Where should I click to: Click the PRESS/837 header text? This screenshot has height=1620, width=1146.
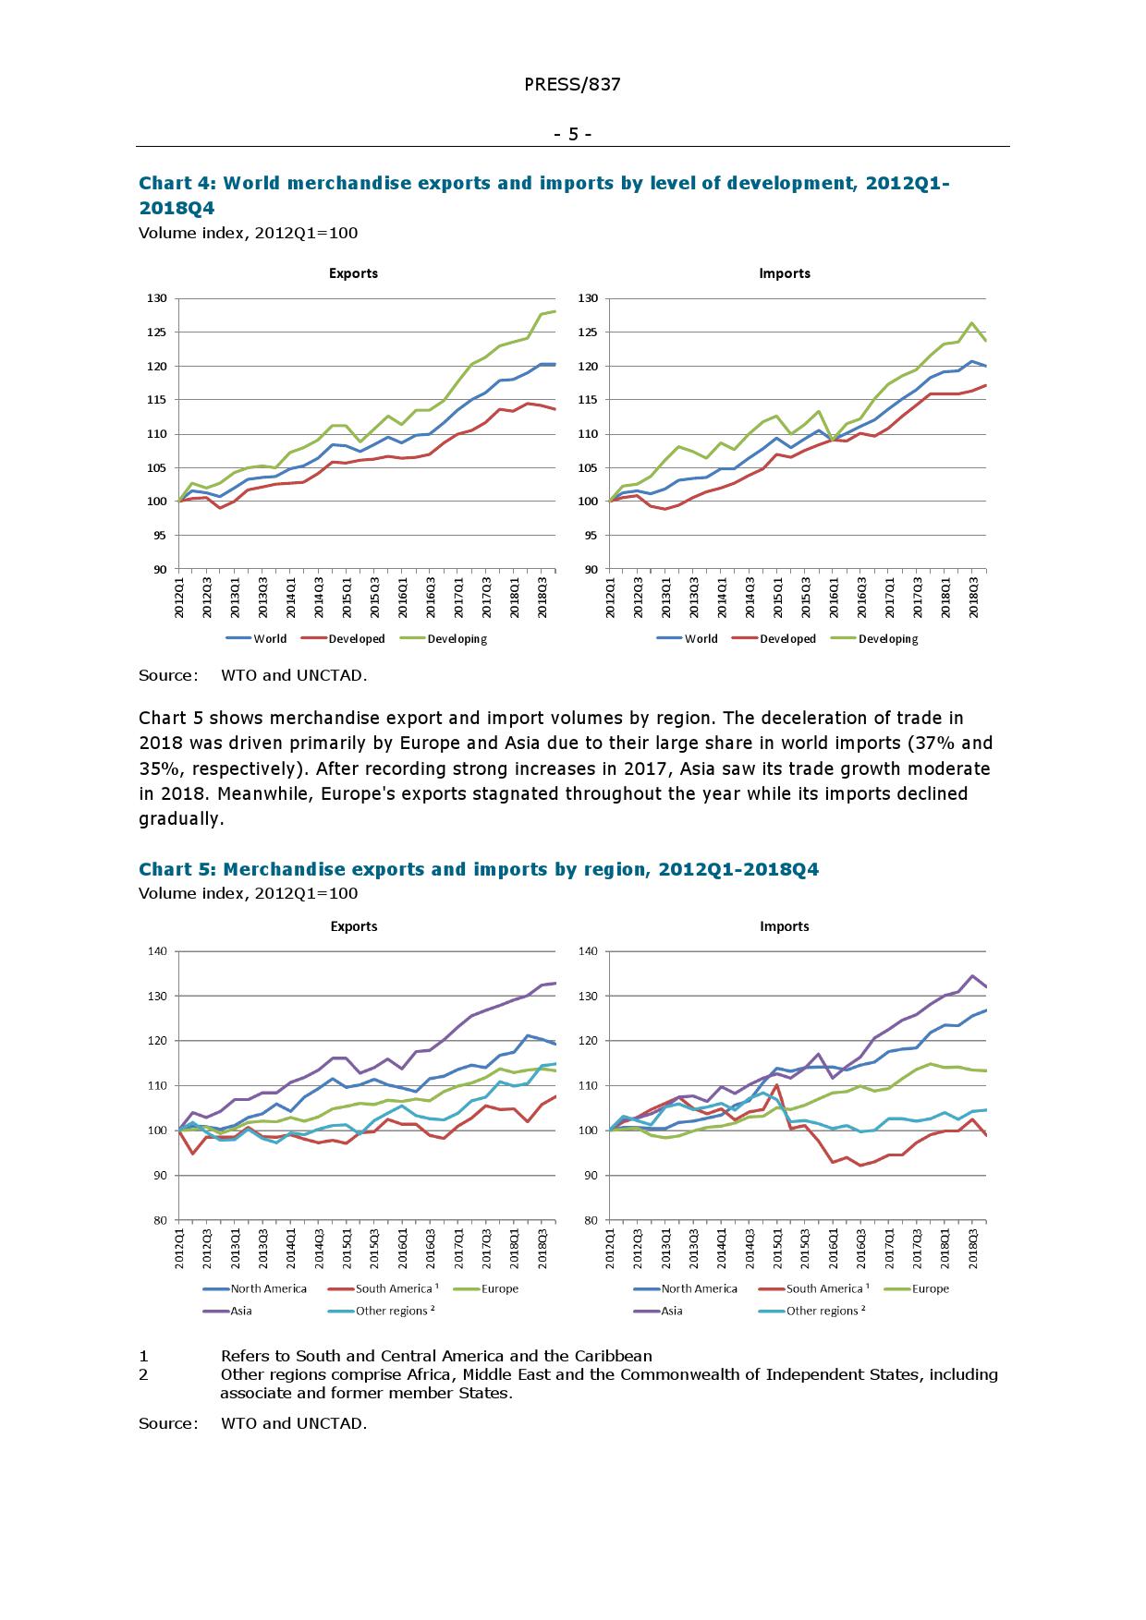click(x=572, y=85)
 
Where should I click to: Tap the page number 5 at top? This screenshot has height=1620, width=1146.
click(x=573, y=135)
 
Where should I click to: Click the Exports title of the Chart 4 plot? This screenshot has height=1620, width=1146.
click(x=353, y=273)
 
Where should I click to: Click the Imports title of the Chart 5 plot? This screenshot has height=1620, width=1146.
click(x=784, y=926)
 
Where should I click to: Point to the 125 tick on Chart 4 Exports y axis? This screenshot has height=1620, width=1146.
click(x=156, y=332)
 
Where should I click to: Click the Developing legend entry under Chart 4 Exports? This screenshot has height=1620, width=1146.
click(x=457, y=639)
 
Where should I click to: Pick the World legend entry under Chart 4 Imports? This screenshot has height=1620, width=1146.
click(x=701, y=639)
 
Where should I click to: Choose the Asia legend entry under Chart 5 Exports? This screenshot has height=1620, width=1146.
click(x=240, y=1311)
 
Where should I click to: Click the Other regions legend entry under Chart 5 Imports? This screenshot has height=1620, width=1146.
click(x=825, y=1311)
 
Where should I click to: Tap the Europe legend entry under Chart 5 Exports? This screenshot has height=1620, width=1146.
click(x=499, y=1288)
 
